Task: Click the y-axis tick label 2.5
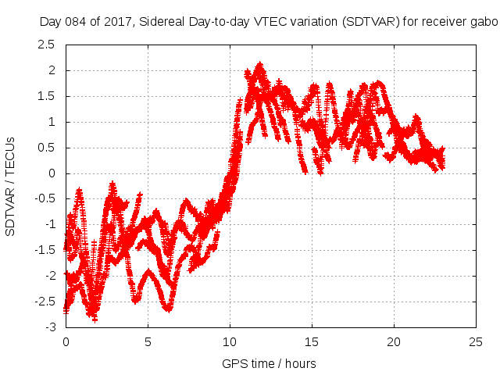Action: point(47,45)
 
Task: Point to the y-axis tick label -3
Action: point(51,327)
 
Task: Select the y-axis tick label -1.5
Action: point(45,250)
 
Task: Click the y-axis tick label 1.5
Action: point(47,96)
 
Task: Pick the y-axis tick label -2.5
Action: point(45,302)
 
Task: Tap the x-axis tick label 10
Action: point(230,341)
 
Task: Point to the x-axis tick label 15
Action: point(312,341)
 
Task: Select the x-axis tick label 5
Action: point(148,341)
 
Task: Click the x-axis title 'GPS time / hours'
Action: point(269,363)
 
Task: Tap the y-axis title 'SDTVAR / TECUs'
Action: point(11,186)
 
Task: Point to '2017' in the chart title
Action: point(117,21)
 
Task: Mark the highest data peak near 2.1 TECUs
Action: point(260,66)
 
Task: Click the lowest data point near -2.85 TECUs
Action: point(95,319)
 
